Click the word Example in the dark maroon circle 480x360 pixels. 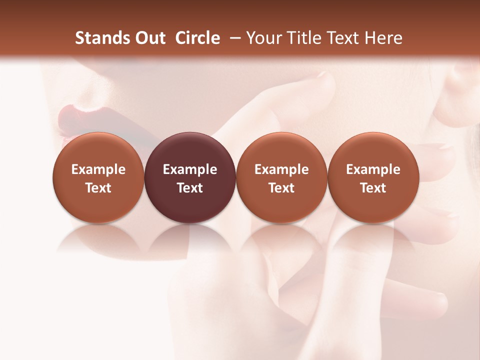(190, 170)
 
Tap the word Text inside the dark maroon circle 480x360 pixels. (190, 188)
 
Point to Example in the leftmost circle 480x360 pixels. (98, 170)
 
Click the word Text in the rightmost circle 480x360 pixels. (373, 188)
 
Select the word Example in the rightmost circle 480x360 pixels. (373, 170)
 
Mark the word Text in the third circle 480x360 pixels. (281, 188)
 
